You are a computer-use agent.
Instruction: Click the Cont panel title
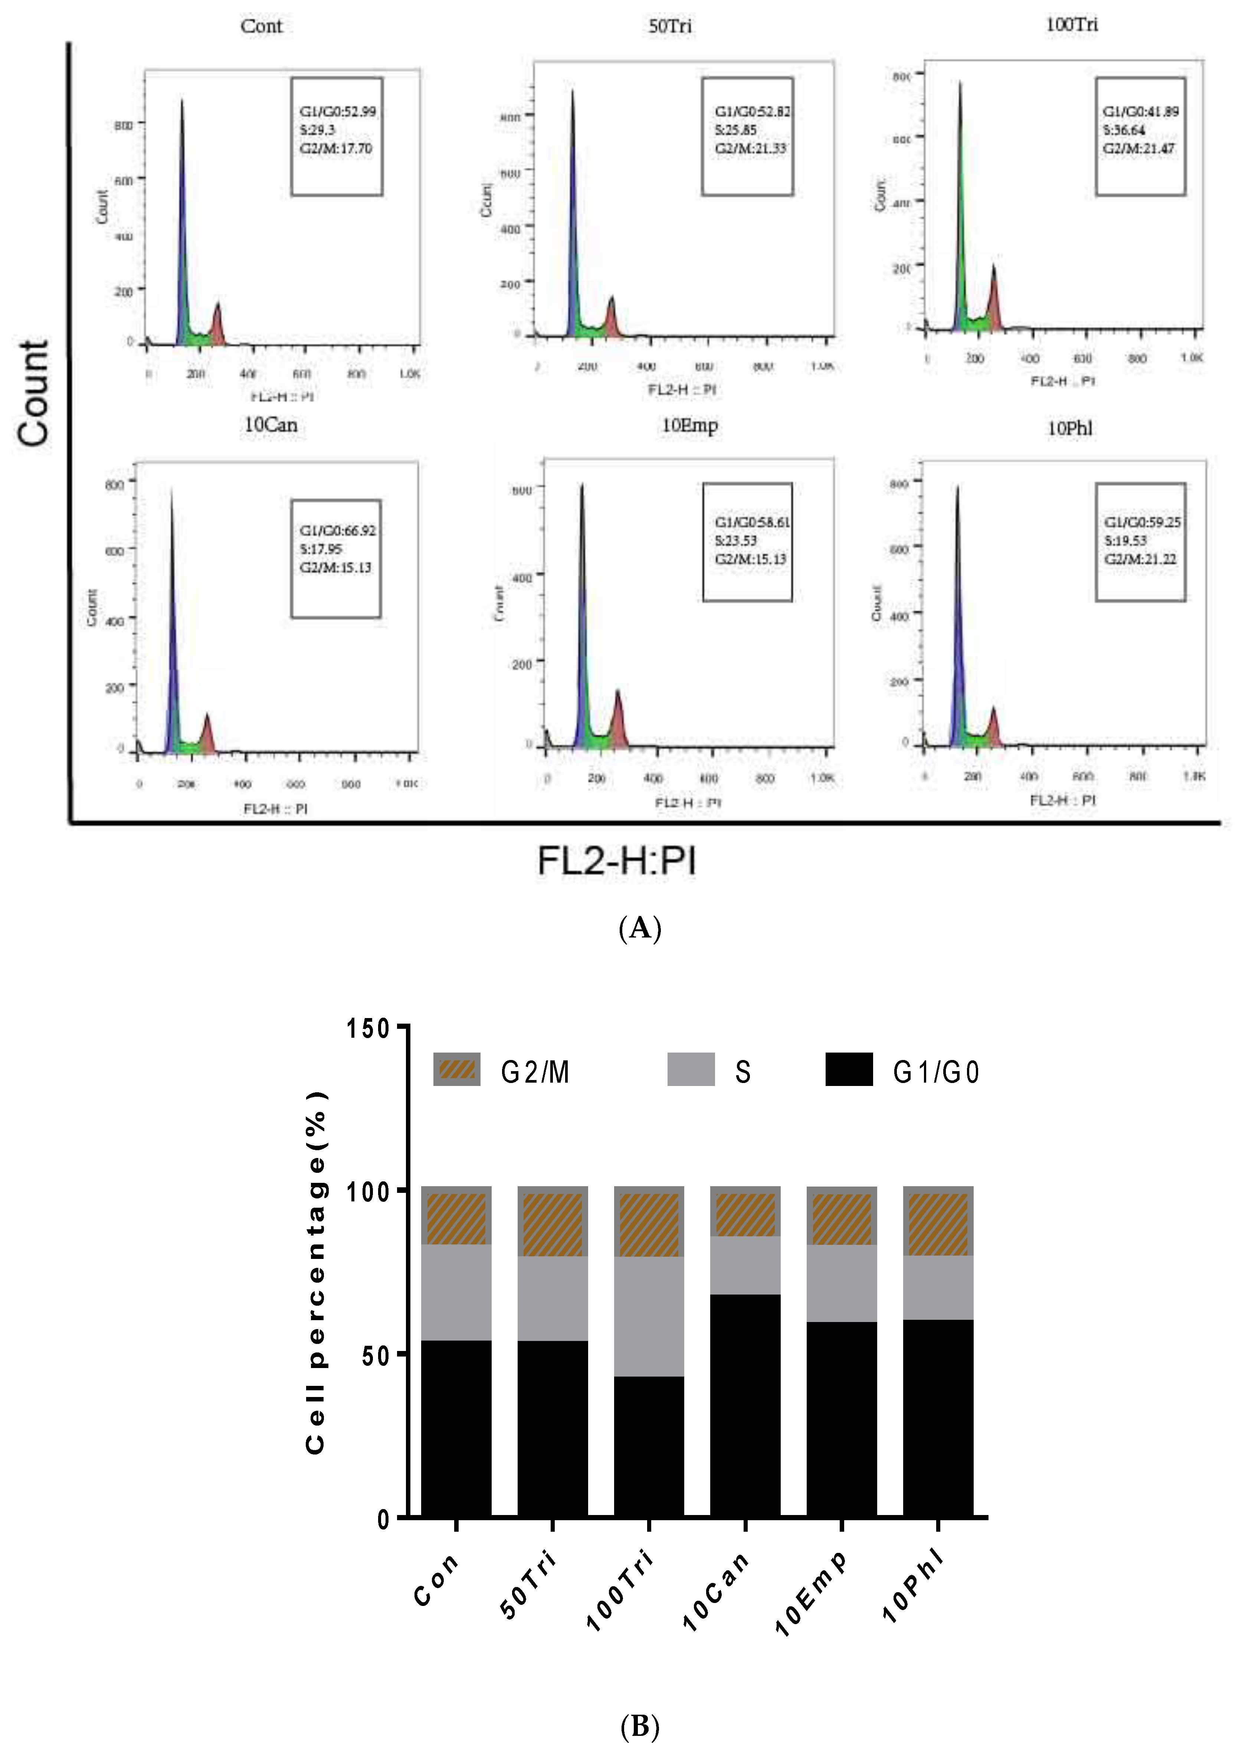[x=262, y=26]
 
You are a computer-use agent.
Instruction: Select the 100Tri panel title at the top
[x=1071, y=24]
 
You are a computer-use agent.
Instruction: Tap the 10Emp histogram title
[x=690, y=425]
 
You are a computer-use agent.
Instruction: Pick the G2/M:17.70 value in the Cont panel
[x=336, y=148]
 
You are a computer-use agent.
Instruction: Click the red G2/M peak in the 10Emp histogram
[x=617, y=719]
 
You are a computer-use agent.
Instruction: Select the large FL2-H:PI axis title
[x=617, y=861]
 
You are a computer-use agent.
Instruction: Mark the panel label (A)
[x=640, y=929]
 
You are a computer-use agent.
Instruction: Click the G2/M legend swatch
[x=457, y=1069]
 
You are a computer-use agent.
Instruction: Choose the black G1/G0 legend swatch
[x=849, y=1069]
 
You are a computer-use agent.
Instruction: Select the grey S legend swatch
[x=691, y=1069]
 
